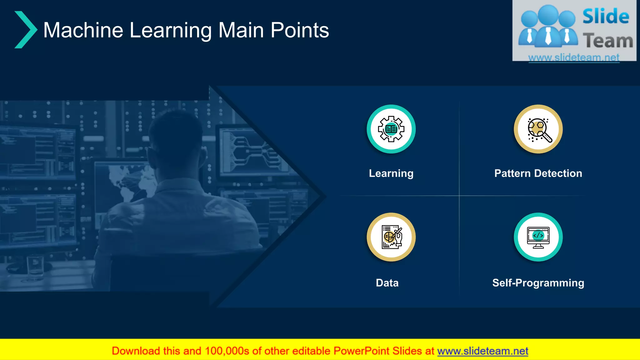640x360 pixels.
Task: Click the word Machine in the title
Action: (x=83, y=30)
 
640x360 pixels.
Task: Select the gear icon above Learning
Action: (x=391, y=129)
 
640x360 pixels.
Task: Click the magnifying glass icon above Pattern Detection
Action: (x=538, y=129)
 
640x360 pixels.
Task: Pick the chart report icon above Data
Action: (x=391, y=237)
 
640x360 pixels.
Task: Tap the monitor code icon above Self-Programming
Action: (x=538, y=237)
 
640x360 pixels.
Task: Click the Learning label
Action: (x=391, y=173)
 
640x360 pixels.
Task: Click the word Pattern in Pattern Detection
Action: (x=512, y=173)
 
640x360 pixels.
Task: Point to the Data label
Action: (x=387, y=283)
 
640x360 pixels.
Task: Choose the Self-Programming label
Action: (x=538, y=283)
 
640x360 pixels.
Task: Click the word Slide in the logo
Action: (x=606, y=17)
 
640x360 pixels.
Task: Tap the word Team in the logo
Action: (x=608, y=41)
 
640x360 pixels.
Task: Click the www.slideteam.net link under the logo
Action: (x=574, y=57)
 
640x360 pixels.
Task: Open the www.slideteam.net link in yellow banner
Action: (x=482, y=351)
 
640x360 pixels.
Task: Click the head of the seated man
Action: (x=177, y=137)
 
